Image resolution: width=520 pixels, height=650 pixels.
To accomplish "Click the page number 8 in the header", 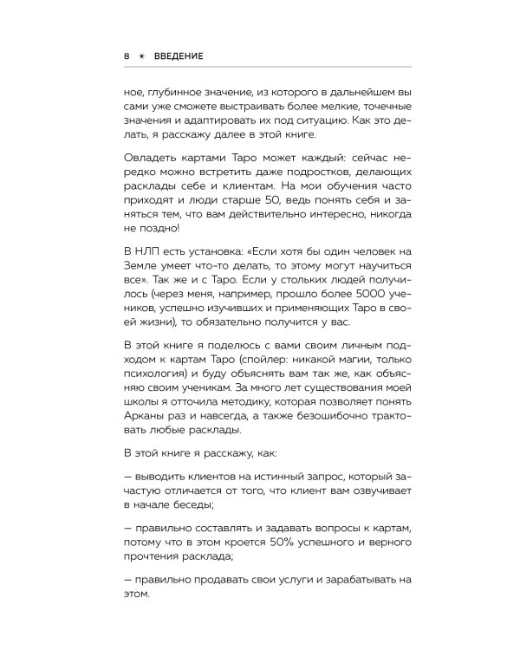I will pyautogui.click(x=127, y=55).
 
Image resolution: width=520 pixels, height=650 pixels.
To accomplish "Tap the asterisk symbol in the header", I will pyautogui.click(x=142, y=55).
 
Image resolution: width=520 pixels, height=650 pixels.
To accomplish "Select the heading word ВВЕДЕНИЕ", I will pyautogui.click(x=179, y=55).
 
